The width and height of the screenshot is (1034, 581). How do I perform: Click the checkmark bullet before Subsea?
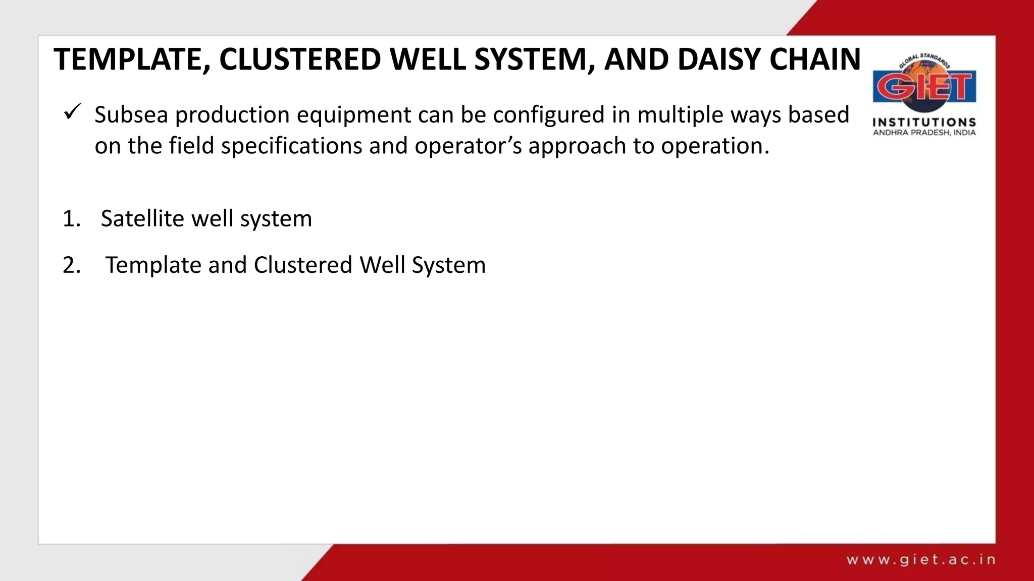[x=73, y=111]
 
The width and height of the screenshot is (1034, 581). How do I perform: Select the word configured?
[x=548, y=115]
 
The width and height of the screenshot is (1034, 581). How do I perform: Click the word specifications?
[x=291, y=147]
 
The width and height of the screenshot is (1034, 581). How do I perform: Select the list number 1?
[x=71, y=219]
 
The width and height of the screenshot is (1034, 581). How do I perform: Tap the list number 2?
[x=71, y=265]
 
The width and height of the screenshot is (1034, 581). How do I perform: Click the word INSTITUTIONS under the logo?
[x=924, y=123]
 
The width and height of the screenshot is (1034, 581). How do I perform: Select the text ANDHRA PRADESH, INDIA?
[x=924, y=133]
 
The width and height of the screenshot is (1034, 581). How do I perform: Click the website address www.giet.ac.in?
[x=920, y=560]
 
